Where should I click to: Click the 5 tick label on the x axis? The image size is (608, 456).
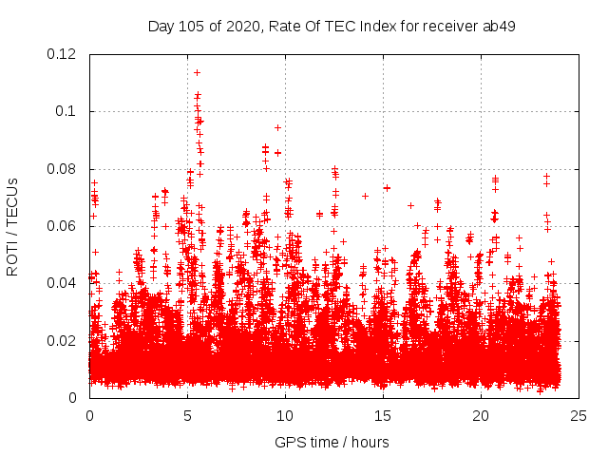[x=187, y=416]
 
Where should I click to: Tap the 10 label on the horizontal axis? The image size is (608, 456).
[x=285, y=416]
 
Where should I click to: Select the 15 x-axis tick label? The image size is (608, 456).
[x=383, y=416]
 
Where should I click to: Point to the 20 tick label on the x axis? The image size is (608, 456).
[x=481, y=416]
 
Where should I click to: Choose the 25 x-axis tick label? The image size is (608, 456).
[x=579, y=416]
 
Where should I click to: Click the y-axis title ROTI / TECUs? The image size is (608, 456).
[x=12, y=226]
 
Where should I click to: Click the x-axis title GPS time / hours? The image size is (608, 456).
[x=332, y=442]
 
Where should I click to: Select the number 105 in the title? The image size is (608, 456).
[x=195, y=26]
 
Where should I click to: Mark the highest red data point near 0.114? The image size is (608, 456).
[x=197, y=72]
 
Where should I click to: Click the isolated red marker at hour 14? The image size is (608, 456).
[x=365, y=196]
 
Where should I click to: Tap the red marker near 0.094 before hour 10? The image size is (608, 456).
[x=277, y=127]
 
